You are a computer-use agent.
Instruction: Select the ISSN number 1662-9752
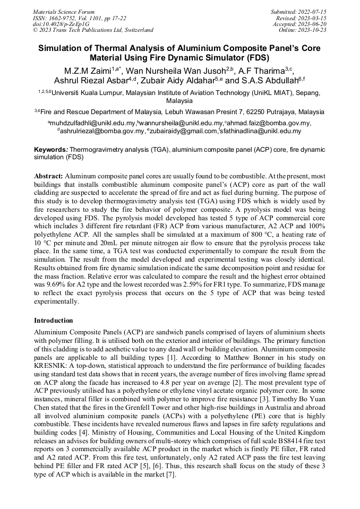click(x=63, y=18)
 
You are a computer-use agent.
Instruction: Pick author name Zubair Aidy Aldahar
click(x=183, y=81)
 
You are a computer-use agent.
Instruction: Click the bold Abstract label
click(x=49, y=176)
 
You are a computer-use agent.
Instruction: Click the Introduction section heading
click(x=54, y=321)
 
